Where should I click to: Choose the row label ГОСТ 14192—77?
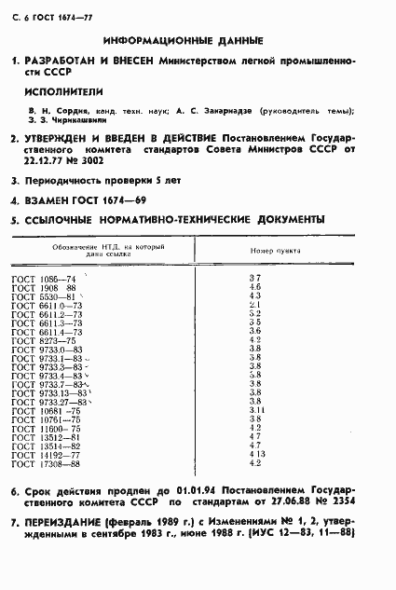[x=45, y=454]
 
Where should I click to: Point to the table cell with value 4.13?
[x=260, y=454]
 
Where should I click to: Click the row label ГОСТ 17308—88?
[x=45, y=463]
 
